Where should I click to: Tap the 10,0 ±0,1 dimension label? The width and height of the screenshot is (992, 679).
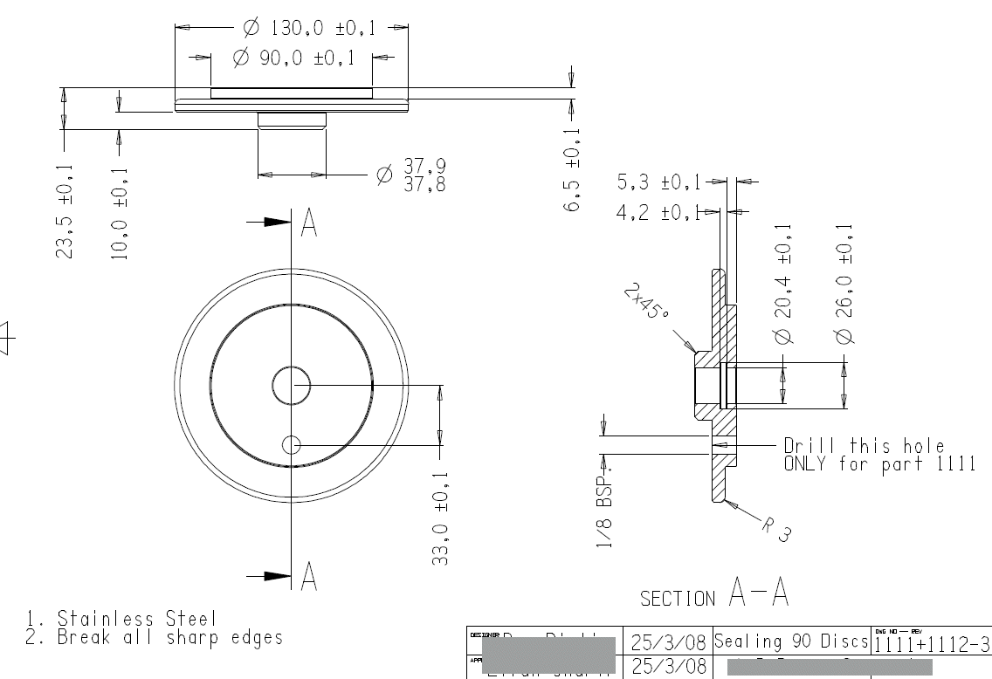120,215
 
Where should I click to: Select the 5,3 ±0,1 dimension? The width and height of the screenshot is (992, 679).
660,182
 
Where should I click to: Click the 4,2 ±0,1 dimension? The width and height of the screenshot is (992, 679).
658,211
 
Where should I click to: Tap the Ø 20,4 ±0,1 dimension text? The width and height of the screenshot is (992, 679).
783,284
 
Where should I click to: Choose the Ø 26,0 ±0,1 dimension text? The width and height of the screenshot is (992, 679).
844,284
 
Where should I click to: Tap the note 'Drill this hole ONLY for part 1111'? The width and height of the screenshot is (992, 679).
878,455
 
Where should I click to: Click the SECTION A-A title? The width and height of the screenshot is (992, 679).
715,597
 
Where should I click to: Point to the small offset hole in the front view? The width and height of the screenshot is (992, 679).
291,445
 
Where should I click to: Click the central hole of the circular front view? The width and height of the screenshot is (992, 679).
291,385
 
